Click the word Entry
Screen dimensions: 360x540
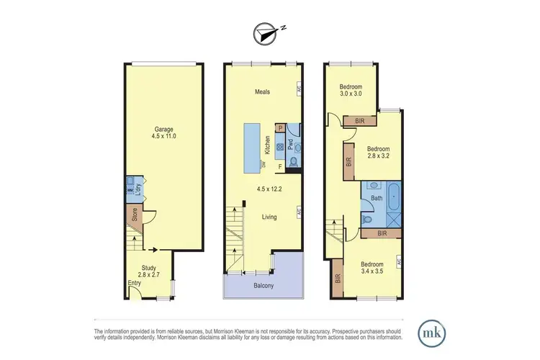[x=134, y=283]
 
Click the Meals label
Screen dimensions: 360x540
[x=262, y=91]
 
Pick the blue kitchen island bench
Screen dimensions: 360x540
[x=253, y=147]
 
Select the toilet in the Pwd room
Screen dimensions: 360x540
[x=294, y=161]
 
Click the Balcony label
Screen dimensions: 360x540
[x=263, y=286]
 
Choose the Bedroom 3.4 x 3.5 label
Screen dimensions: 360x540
[x=376, y=269]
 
